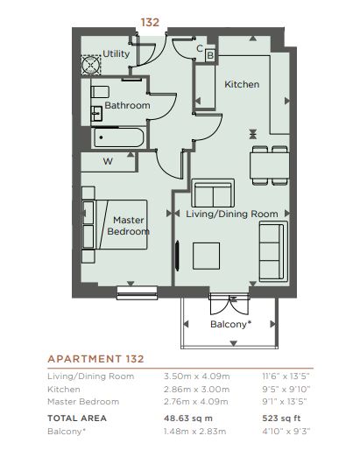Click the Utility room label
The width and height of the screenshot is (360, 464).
pos(116,54)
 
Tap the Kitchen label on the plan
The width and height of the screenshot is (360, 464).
pos(242,84)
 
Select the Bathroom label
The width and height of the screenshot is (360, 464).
pos(127,105)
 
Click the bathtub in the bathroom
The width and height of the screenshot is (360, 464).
pos(119,137)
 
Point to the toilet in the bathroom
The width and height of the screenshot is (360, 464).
pos(100,92)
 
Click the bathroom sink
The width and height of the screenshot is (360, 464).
pos(96,113)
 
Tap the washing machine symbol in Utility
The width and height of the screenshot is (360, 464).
pos(91,65)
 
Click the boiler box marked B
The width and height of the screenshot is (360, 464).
pos(210,55)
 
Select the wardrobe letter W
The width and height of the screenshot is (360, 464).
pos(108,162)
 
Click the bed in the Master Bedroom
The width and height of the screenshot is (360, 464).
pos(115,224)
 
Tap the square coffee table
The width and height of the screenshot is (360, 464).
pos(207,256)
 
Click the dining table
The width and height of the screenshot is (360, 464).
pos(270,165)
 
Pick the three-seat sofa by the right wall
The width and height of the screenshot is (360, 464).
pos(273,251)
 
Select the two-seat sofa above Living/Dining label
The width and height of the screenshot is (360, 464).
pos(213,193)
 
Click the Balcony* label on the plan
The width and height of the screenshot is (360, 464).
pos(231,325)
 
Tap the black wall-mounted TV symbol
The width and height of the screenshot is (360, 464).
pos(177,256)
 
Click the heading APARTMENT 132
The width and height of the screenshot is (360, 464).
pos(96,359)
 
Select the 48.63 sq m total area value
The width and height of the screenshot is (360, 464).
pos(188,418)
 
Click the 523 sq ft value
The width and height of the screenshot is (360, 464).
pos(281,418)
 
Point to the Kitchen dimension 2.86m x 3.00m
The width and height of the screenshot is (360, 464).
pos(196,389)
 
